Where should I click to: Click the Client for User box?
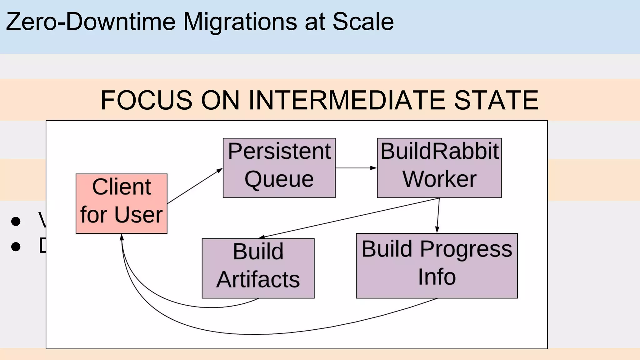click(121, 203)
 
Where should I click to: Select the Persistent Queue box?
click(279, 168)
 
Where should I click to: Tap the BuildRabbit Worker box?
click(439, 168)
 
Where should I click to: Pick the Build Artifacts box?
click(258, 268)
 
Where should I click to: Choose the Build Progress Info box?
click(437, 266)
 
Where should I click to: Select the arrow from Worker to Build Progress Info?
click(438, 216)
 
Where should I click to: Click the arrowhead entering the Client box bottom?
click(122, 237)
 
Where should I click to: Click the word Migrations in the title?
click(240, 22)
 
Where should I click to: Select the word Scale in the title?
click(363, 22)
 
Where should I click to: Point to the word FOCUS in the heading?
click(146, 100)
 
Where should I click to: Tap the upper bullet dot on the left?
click(16, 221)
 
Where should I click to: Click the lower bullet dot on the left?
click(16, 247)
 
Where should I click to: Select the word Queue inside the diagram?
click(279, 180)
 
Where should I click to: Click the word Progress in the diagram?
click(466, 249)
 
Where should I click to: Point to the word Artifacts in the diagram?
click(258, 279)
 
